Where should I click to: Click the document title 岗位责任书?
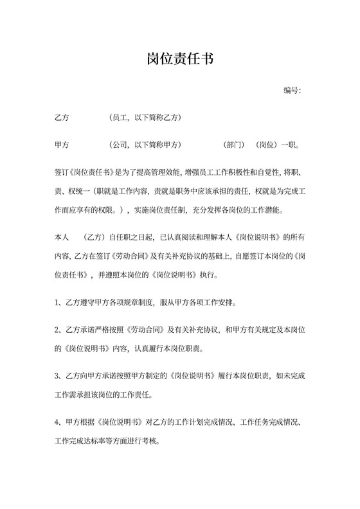[x=179, y=60]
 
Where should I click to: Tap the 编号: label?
[x=292, y=90]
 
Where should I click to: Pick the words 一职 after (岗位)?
[x=291, y=145]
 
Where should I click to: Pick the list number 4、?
[x=59, y=424]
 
